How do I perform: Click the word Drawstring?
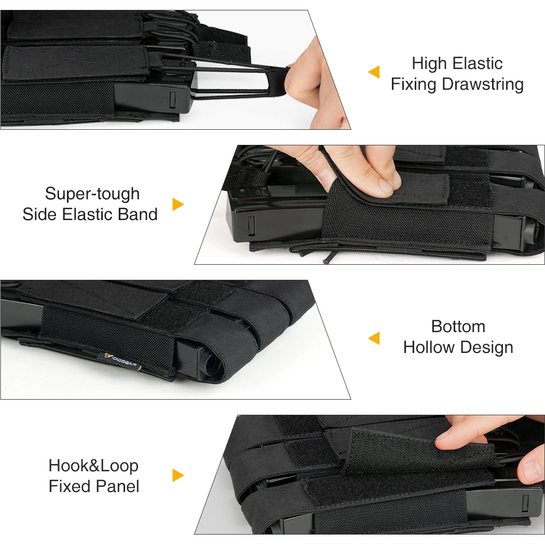(x=483, y=85)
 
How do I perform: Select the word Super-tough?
(x=92, y=194)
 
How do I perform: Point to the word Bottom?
(x=458, y=326)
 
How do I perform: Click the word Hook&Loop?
(x=93, y=466)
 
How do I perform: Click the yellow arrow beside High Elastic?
(x=374, y=72)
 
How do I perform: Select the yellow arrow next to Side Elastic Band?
(x=178, y=205)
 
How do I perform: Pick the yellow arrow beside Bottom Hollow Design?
(x=374, y=338)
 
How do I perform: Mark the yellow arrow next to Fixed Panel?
(x=178, y=475)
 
